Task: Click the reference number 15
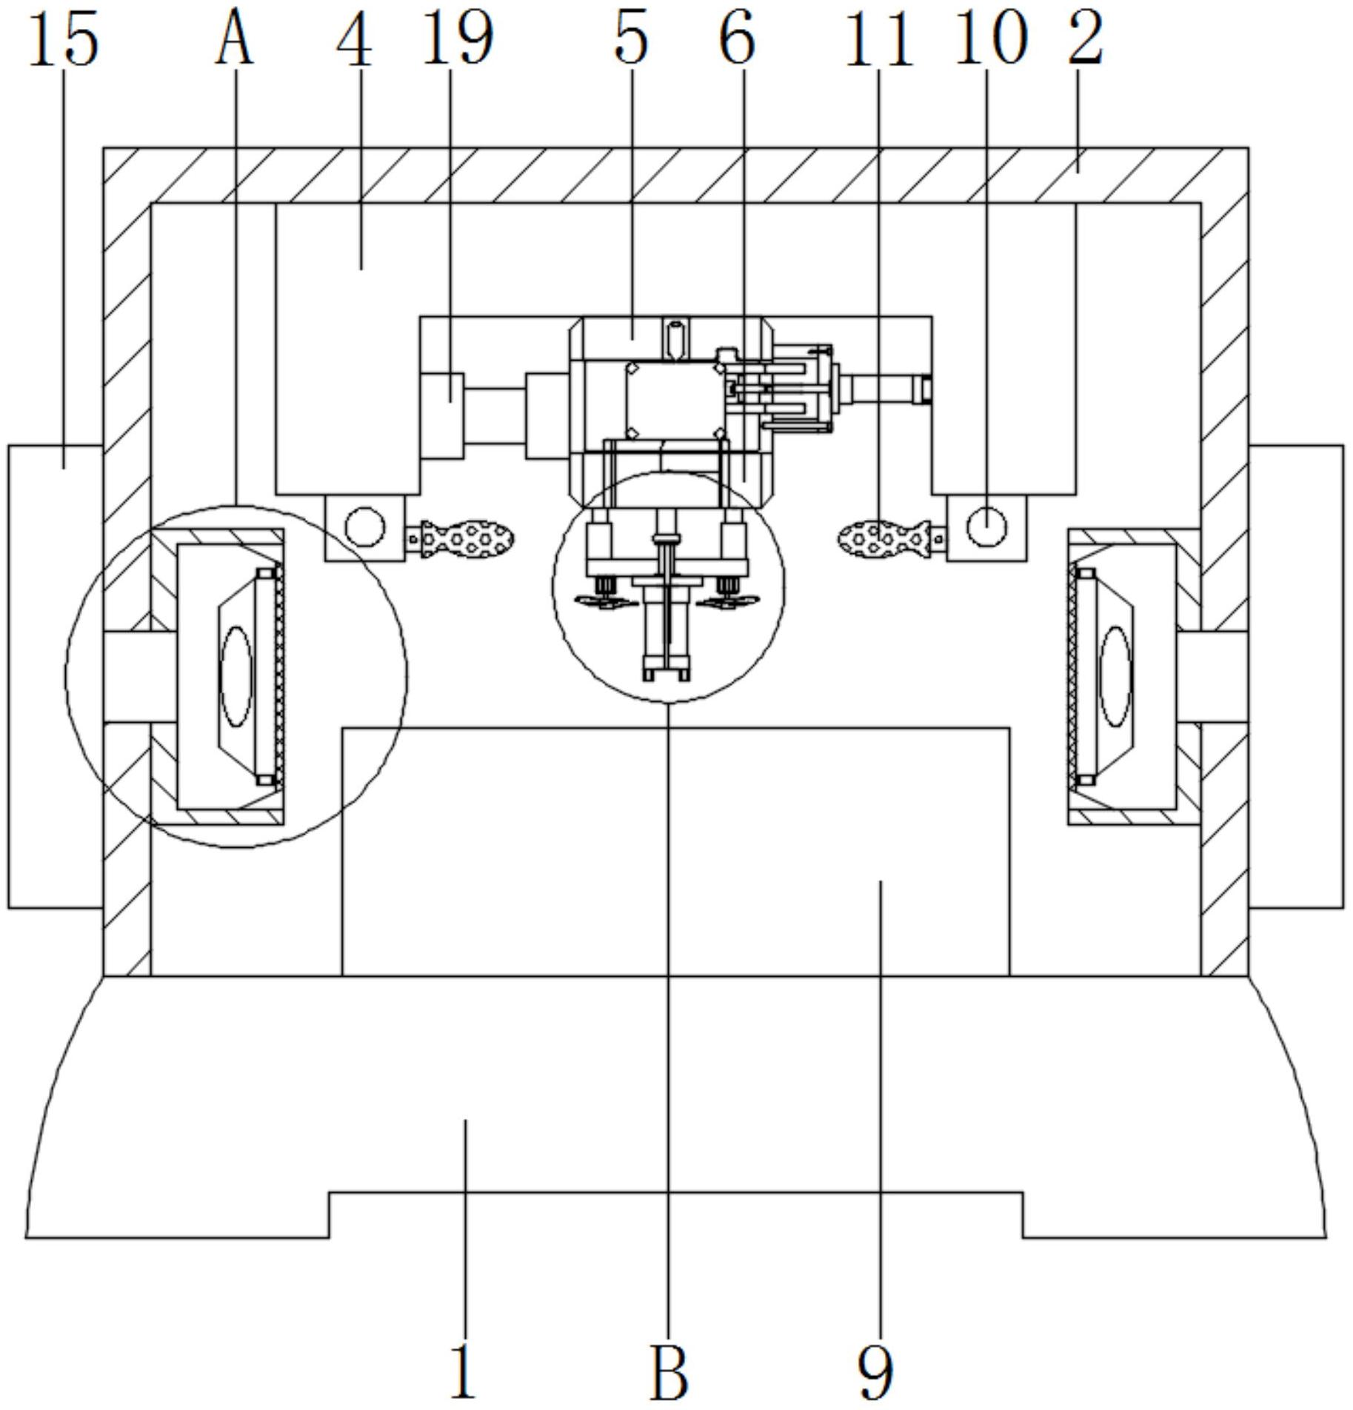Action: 64,41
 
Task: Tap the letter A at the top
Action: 235,41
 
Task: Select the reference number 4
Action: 355,41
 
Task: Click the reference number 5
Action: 631,40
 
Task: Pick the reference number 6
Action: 738,40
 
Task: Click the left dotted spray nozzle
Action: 467,539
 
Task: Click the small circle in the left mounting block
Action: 364,528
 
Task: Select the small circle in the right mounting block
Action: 987,527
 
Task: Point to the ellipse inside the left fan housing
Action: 237,676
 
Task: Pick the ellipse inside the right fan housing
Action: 1116,676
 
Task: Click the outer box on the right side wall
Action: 1296,676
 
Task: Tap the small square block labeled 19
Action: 442,415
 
